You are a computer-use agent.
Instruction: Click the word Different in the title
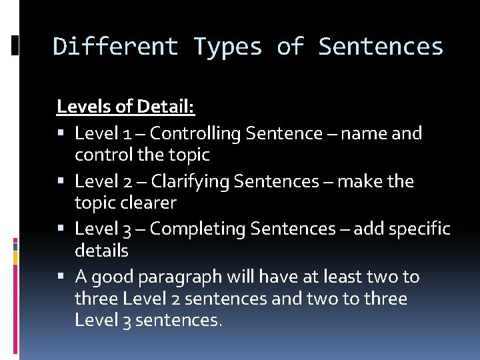click(x=115, y=47)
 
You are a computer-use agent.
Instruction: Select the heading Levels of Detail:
click(x=125, y=106)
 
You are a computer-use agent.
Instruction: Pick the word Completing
click(x=199, y=229)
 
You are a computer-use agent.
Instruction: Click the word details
click(x=101, y=251)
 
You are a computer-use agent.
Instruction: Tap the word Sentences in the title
click(x=381, y=47)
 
